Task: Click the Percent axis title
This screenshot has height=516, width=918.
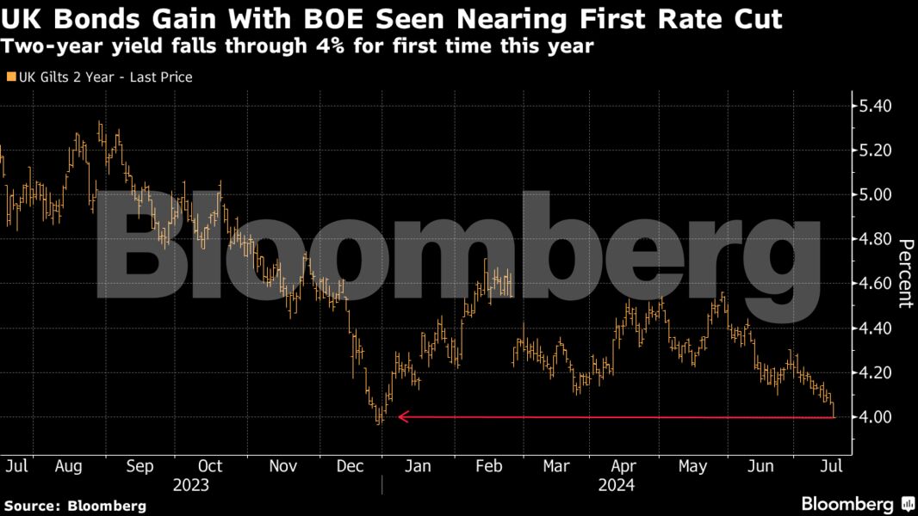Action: (x=905, y=273)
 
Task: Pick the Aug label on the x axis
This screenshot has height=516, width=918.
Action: (x=68, y=466)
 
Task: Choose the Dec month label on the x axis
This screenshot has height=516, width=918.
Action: (x=350, y=466)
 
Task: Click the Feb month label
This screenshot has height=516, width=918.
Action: (x=488, y=466)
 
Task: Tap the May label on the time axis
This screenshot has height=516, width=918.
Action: (x=692, y=466)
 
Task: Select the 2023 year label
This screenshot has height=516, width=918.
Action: (x=190, y=485)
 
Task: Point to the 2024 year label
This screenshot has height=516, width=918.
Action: (x=617, y=485)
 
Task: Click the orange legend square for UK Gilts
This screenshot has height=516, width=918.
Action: (x=10, y=77)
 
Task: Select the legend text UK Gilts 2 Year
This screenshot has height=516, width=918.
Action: (x=104, y=77)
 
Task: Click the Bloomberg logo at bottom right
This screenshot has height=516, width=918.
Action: (x=857, y=504)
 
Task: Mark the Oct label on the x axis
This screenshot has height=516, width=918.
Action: (x=209, y=466)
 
